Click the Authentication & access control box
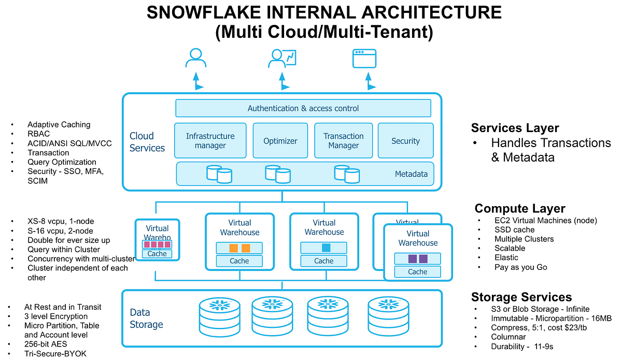pyautogui.click(x=303, y=108)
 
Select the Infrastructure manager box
pyautogui.click(x=210, y=140)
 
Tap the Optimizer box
pyautogui.click(x=280, y=140)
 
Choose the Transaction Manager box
pyautogui.click(x=343, y=140)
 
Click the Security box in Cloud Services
pyautogui.click(x=405, y=140)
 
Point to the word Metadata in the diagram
pyautogui.click(x=411, y=174)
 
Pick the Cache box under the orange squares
pyautogui.click(x=239, y=261)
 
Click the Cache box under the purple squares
pyautogui.click(x=417, y=271)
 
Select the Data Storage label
pyautogui.click(x=146, y=319)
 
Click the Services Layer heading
pyautogui.click(x=515, y=128)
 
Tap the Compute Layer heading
pyautogui.click(x=519, y=208)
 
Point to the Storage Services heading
pyautogui.click(x=521, y=297)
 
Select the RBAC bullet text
pyautogui.click(x=39, y=134)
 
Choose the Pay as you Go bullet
pyautogui.click(x=520, y=267)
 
